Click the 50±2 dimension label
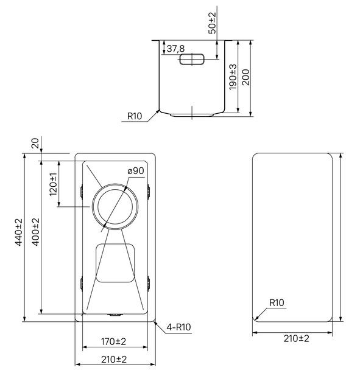[212, 23]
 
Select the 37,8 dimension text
[175, 49]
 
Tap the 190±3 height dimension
[233, 77]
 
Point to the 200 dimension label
[245, 77]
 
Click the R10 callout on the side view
[135, 116]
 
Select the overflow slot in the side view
[192, 59]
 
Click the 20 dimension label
[35, 143]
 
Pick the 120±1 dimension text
[54, 184]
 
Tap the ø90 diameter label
[136, 171]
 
